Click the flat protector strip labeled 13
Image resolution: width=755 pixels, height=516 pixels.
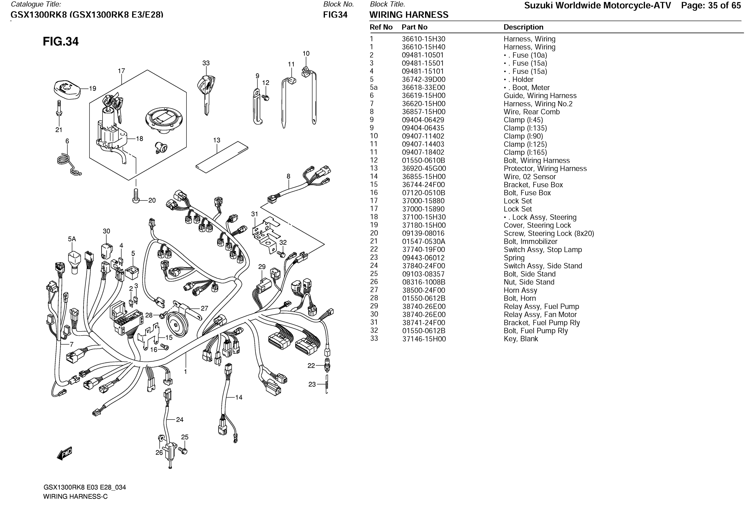click(x=222, y=157)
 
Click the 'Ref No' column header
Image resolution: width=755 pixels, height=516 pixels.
click(x=381, y=27)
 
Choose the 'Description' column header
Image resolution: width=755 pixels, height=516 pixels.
click(x=523, y=27)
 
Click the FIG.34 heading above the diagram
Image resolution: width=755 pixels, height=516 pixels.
click(x=61, y=42)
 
